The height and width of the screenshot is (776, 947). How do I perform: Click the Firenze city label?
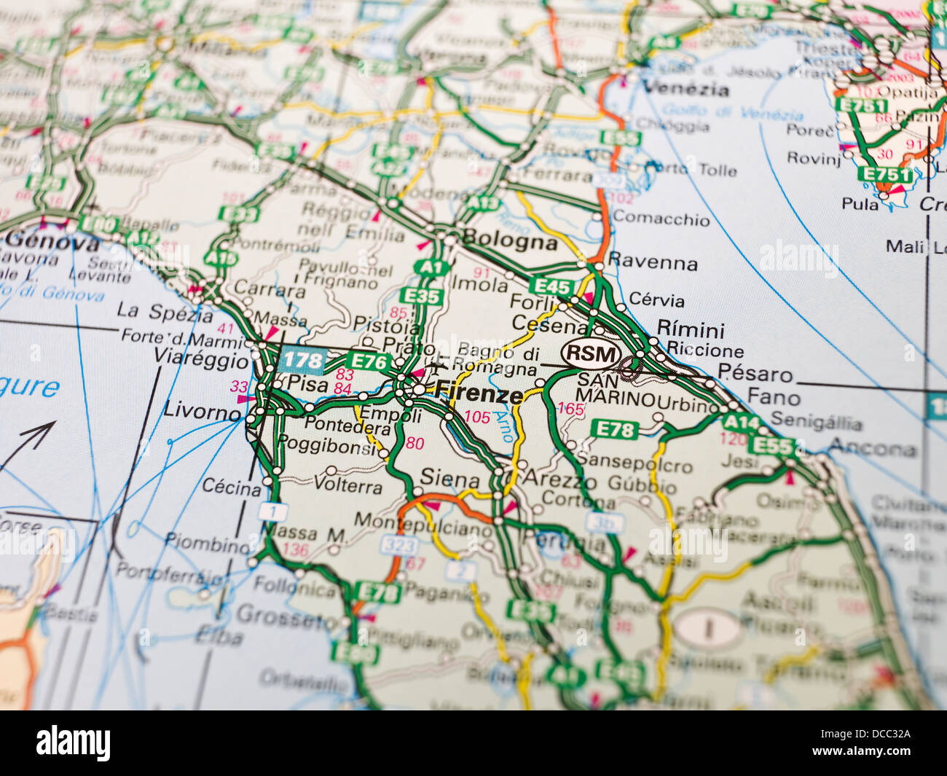[479, 394]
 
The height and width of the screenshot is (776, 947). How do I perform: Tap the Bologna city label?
[509, 241]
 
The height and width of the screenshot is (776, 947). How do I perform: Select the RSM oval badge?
[592, 355]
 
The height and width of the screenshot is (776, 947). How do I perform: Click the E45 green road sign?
[551, 286]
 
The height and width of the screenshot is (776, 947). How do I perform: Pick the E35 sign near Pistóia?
[420, 296]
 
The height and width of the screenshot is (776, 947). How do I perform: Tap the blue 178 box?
[302, 359]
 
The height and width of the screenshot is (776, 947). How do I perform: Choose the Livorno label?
[202, 412]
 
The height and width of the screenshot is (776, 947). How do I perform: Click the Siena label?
[449, 479]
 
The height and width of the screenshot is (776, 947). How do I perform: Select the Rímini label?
[690, 329]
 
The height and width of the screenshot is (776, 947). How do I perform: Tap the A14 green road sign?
[740, 422]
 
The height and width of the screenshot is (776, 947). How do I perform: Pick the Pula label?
[860, 203]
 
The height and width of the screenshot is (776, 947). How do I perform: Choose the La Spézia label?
[165, 312]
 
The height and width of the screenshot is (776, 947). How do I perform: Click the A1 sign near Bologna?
[431, 267]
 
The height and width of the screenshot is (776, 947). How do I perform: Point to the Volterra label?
[348, 485]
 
